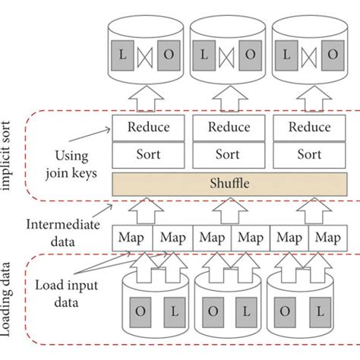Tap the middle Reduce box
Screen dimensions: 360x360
[x=229, y=127]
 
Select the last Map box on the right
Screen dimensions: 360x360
[x=327, y=238]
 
